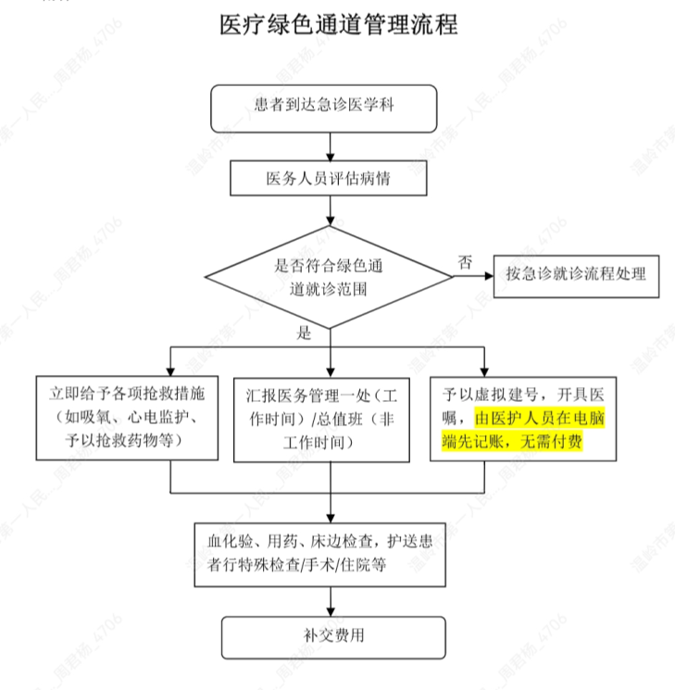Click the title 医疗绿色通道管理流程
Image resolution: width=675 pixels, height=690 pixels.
(x=338, y=25)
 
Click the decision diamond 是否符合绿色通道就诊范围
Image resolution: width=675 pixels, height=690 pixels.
(x=328, y=276)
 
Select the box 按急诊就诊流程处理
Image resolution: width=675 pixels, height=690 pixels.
(x=576, y=275)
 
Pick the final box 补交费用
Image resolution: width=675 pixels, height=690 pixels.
(x=329, y=636)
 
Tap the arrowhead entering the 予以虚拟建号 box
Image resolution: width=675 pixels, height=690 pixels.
(x=483, y=368)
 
